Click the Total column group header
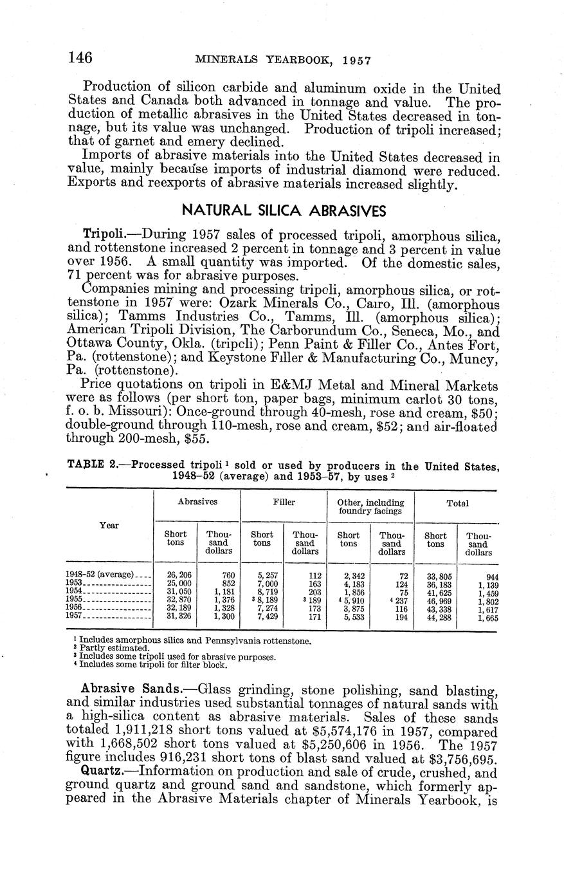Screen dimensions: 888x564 pyautogui.click(x=458, y=503)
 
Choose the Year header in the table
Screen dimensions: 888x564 pyautogui.click(x=109, y=526)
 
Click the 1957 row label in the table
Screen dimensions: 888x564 pyautogui.click(x=75, y=616)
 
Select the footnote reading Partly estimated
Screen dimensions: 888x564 pyautogui.click(x=113, y=649)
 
